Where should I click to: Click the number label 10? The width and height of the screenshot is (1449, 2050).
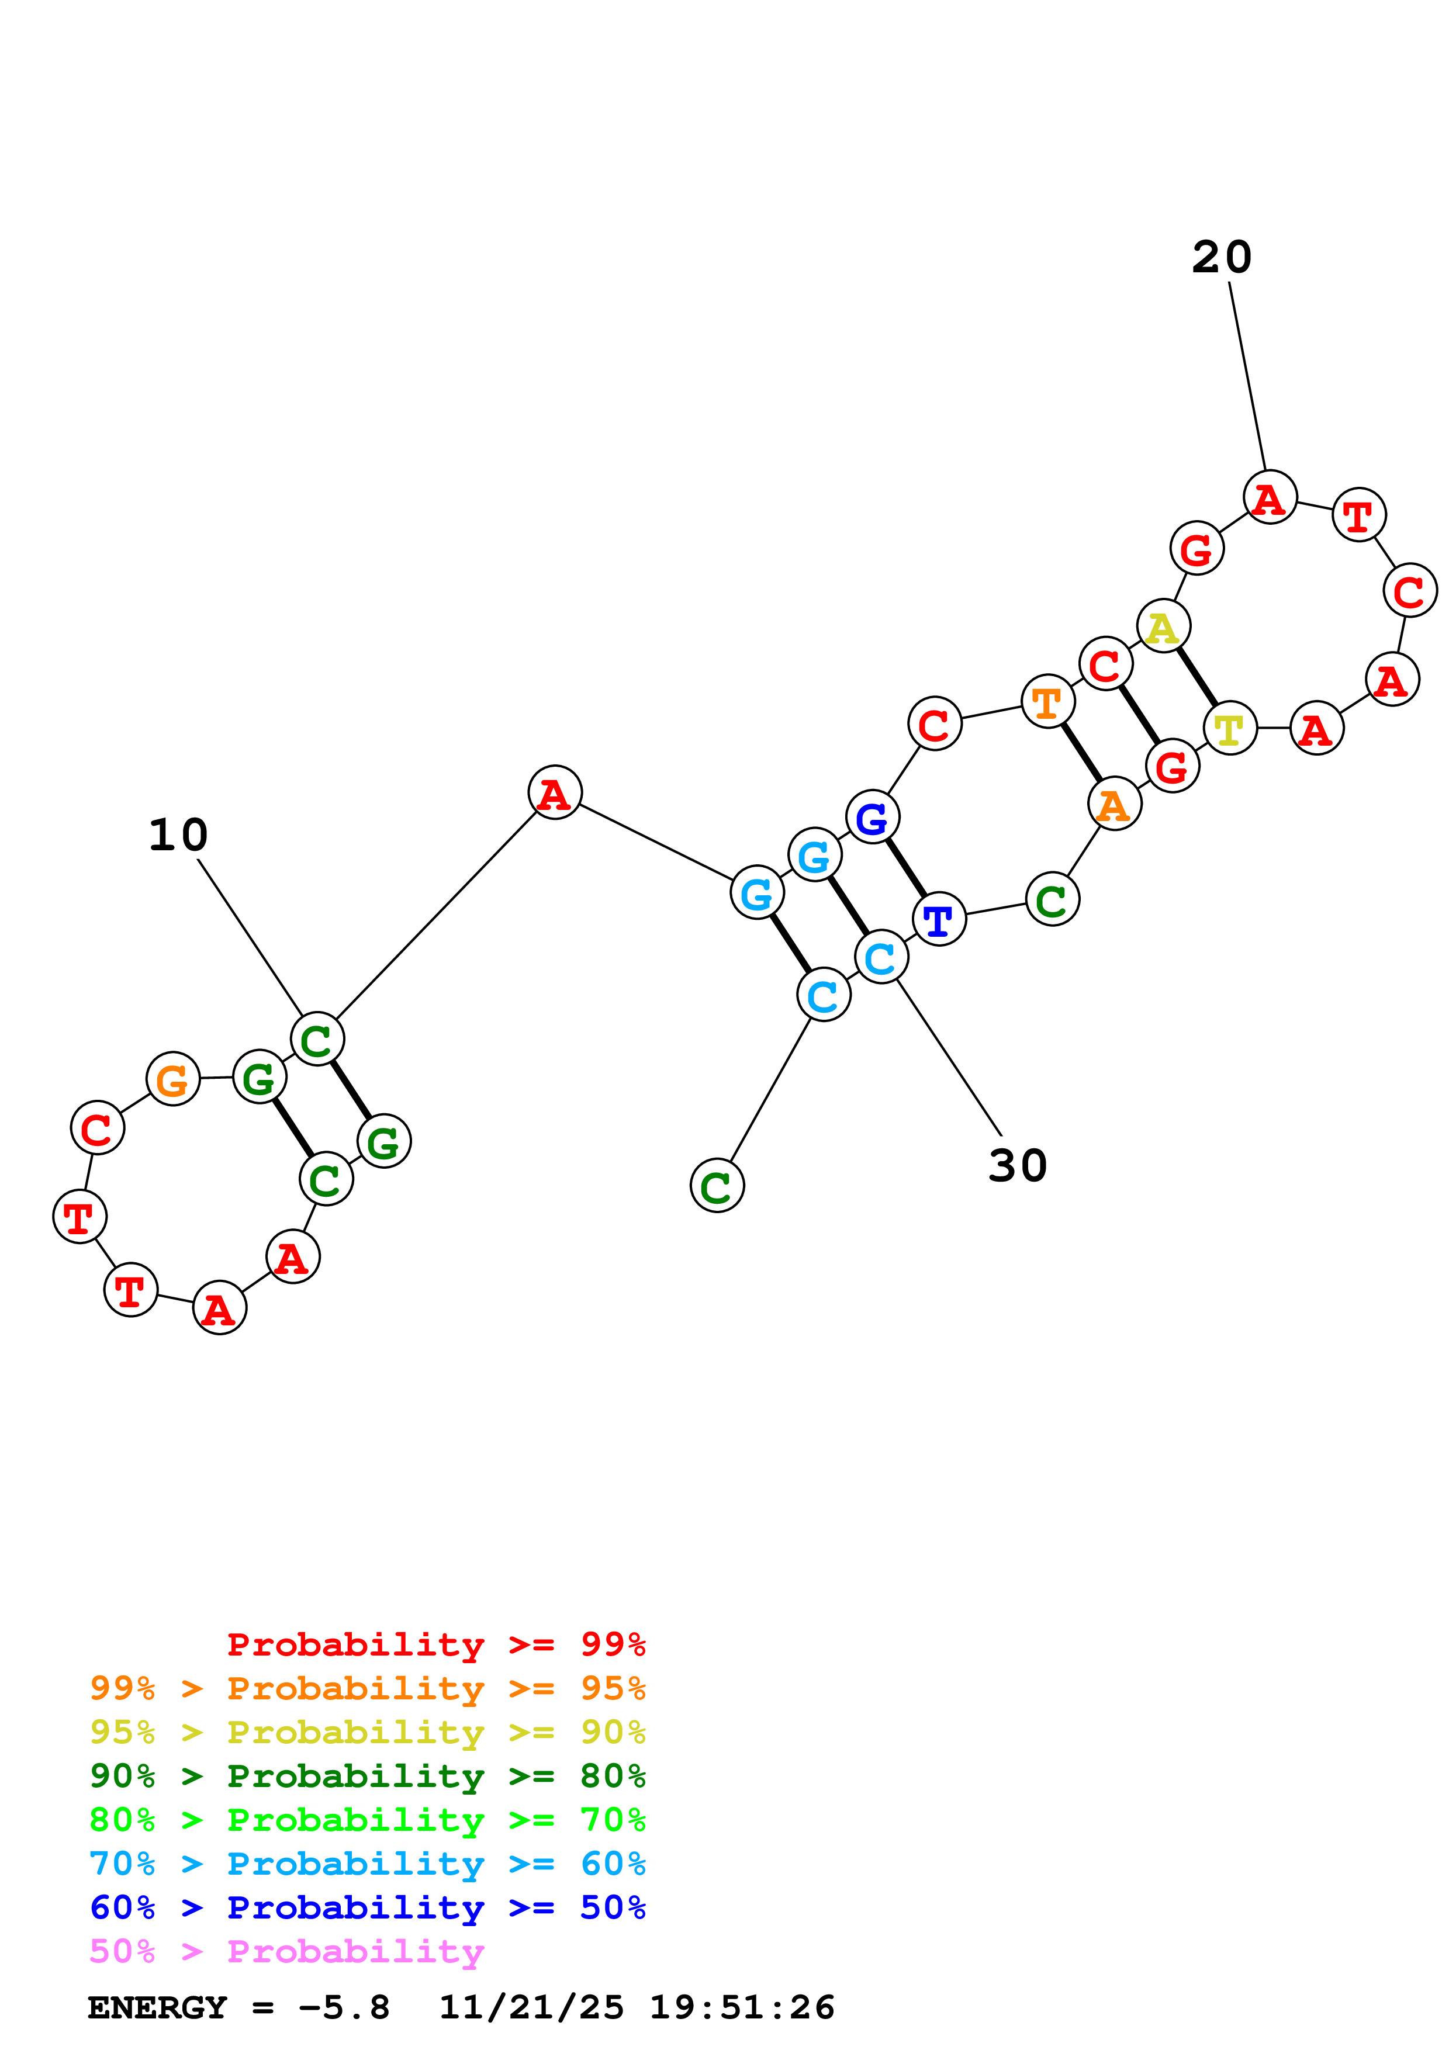click(x=178, y=835)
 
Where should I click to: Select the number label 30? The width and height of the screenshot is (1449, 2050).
click(x=1017, y=1165)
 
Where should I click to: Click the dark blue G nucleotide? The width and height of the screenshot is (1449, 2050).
click(x=872, y=817)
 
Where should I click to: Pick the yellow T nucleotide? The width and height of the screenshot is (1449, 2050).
click(x=1229, y=729)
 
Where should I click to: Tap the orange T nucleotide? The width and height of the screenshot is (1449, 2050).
click(x=1047, y=702)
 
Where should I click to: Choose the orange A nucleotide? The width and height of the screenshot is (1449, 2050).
click(x=1113, y=805)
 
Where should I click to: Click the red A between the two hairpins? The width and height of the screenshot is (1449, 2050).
click(x=555, y=793)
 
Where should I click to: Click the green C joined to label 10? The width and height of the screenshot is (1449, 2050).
click(x=317, y=1039)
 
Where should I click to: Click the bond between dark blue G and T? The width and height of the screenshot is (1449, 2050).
click(x=905, y=868)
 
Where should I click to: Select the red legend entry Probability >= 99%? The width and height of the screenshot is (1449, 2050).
click(x=435, y=1644)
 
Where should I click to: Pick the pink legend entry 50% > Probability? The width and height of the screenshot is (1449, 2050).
click(x=286, y=1952)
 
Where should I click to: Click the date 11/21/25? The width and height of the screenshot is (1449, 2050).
click(x=531, y=2008)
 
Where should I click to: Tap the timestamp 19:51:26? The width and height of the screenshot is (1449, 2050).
click(x=741, y=2008)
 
